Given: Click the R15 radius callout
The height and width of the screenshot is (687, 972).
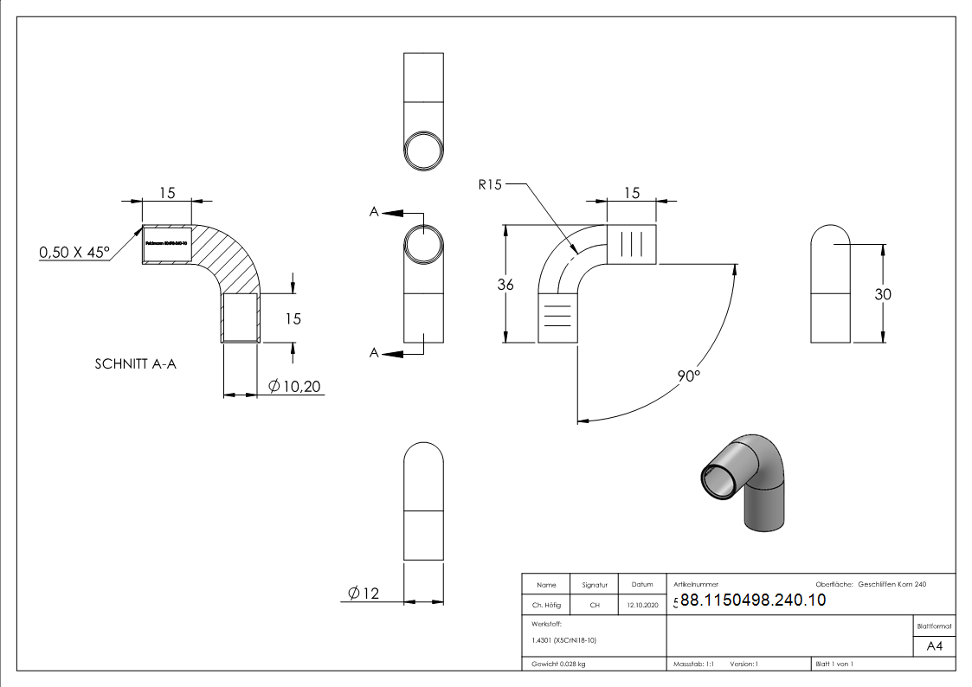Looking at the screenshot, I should pyautogui.click(x=489, y=184).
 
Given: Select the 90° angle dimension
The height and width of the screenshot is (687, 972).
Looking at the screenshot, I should pyautogui.click(x=689, y=376).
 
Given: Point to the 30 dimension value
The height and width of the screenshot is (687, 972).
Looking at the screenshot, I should pyautogui.click(x=883, y=294).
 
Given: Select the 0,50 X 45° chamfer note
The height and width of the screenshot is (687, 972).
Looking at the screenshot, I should pyautogui.click(x=75, y=253).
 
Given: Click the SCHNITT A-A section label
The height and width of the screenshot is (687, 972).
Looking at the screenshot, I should pyautogui.click(x=136, y=364).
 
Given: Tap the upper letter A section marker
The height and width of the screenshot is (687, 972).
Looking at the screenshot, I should pyautogui.click(x=374, y=212).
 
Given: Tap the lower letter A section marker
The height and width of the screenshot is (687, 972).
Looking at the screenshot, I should pyautogui.click(x=374, y=352).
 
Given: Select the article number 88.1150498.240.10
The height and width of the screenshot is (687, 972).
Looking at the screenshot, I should pyautogui.click(x=753, y=600).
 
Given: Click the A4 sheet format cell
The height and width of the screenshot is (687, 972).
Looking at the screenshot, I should pyautogui.click(x=935, y=645).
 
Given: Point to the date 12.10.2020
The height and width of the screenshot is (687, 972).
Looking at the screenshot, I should pyautogui.click(x=642, y=606).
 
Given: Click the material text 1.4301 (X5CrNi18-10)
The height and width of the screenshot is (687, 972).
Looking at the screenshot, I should pyautogui.click(x=564, y=640).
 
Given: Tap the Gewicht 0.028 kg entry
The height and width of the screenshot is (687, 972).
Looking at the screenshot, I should pyautogui.click(x=559, y=665).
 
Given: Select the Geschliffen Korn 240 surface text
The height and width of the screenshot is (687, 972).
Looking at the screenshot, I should pyautogui.click(x=892, y=585).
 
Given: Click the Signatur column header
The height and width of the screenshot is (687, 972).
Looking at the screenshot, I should pyautogui.click(x=595, y=585).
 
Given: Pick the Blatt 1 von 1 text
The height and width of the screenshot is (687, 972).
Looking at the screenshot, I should pyautogui.click(x=834, y=665).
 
